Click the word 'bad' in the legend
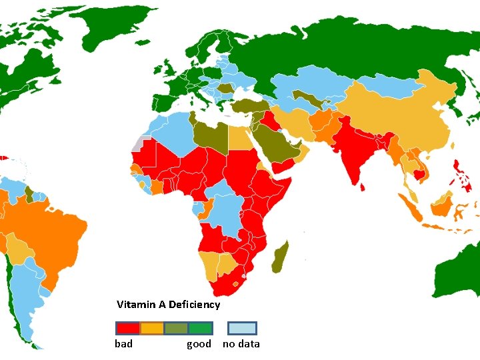coord(123,344)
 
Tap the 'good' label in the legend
coord(199,344)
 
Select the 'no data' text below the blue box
coord(241,344)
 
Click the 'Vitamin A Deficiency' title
coord(168,305)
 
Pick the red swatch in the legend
coord(127,328)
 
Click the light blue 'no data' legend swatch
coord(242,328)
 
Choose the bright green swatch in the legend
coord(199,328)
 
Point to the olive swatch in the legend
coord(175,328)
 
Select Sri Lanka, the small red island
coord(362,187)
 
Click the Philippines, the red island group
coord(461,170)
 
